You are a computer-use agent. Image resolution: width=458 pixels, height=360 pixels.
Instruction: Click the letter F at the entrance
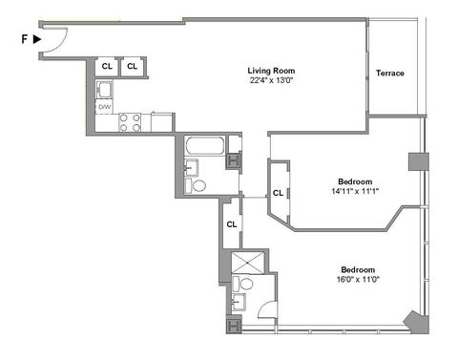click(24, 39)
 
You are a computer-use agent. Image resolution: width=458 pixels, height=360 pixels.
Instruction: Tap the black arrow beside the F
click(37, 39)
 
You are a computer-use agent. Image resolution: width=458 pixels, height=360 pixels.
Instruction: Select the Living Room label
click(271, 71)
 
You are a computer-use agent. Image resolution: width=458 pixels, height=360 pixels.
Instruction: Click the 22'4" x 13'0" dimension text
click(271, 80)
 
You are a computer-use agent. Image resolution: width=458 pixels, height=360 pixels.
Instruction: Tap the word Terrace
click(390, 73)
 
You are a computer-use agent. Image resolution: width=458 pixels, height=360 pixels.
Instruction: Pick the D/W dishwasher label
click(104, 107)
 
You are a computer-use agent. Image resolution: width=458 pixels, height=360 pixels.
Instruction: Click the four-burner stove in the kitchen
click(130, 122)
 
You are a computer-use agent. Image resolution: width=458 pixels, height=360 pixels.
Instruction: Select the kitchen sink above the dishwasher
click(104, 90)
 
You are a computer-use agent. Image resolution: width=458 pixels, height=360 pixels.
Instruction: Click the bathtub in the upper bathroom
click(205, 145)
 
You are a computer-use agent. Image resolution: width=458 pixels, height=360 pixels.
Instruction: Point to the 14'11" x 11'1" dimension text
click(355, 191)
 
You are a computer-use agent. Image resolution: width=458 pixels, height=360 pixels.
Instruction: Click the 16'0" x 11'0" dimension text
click(358, 280)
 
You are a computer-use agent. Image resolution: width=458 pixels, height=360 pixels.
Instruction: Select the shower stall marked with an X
click(248, 263)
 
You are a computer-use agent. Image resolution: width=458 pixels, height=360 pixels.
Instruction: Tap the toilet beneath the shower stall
click(242, 284)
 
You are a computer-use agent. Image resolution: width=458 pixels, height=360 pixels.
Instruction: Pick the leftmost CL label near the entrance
click(107, 66)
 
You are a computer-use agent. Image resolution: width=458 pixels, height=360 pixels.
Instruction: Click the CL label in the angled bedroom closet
click(278, 193)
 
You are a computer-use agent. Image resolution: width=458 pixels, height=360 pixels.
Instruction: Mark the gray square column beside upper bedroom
click(419, 161)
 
